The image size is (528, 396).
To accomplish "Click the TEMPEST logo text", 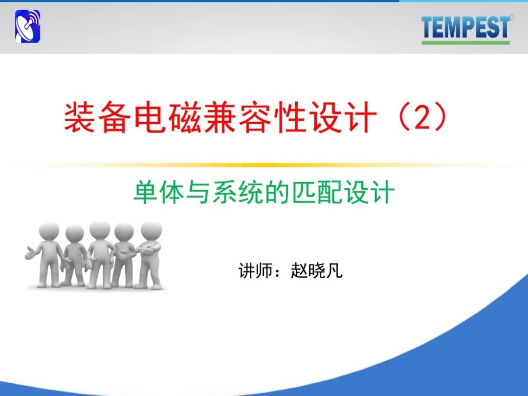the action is click(466, 27).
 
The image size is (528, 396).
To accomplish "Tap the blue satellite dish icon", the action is click(27, 26).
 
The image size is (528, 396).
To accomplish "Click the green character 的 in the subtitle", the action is click(277, 192).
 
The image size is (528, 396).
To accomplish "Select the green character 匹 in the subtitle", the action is click(304, 192).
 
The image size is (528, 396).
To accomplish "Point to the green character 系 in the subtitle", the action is click(224, 192).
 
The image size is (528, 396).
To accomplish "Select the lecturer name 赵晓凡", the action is click(316, 270).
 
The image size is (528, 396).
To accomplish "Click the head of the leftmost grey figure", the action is click(49, 231).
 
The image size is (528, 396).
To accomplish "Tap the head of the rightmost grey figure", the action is click(151, 230).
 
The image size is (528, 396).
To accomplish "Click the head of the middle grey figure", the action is click(100, 230).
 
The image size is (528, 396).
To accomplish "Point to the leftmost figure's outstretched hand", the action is click(30, 253).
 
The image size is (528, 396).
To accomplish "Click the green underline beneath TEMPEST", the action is click(466, 43).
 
